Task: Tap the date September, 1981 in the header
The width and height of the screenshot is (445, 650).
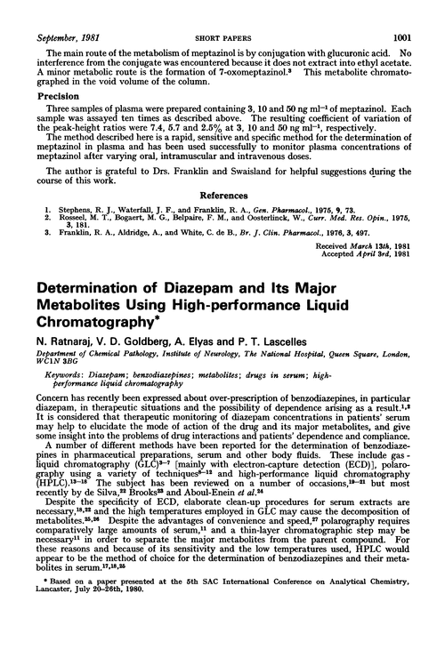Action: point(66,10)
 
